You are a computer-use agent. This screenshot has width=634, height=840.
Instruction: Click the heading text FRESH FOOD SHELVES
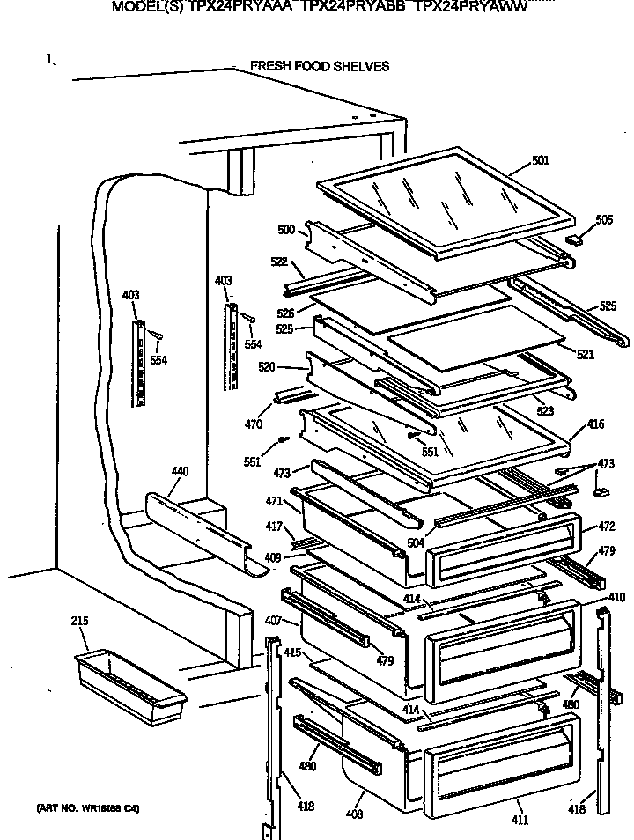[319, 66]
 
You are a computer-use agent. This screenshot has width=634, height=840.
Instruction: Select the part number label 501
[540, 160]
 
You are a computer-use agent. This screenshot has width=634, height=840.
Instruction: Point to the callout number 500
[286, 230]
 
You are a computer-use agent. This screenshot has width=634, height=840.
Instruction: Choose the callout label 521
[585, 355]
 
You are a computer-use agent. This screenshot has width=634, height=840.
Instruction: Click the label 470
[254, 424]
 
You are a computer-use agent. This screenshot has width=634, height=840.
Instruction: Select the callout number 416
[595, 424]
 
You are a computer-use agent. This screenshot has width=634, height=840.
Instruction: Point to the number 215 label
[80, 622]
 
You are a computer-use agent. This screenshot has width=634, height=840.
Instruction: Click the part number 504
[416, 543]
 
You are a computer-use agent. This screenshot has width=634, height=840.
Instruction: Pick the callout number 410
[616, 597]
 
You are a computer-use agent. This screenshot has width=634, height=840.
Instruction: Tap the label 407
[271, 621]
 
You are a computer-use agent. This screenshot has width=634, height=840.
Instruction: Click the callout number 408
[354, 814]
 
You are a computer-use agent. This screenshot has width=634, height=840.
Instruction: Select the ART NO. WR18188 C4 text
[87, 808]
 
